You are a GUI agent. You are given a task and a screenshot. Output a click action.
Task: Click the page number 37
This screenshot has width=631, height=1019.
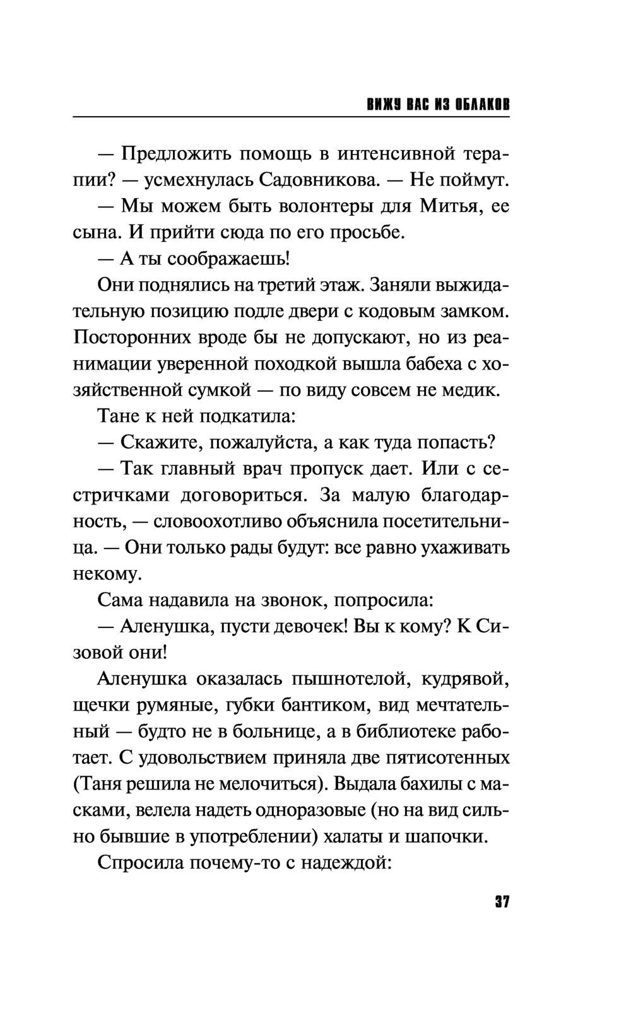tap(502, 902)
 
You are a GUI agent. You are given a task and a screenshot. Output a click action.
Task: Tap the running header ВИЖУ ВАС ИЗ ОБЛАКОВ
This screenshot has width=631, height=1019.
tap(438, 104)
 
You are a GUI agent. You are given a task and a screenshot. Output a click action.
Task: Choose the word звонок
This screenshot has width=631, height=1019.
tap(291, 600)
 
